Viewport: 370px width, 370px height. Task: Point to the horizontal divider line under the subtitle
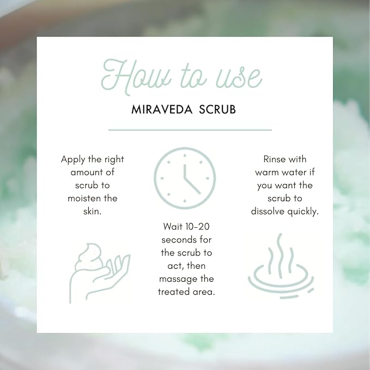[x=190, y=130]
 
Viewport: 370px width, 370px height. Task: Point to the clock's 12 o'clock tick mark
[x=184, y=153]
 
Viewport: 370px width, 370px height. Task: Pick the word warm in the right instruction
[x=268, y=172]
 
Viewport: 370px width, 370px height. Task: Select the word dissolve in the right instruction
[x=268, y=211]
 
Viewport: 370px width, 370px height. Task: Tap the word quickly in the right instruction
[x=304, y=211]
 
